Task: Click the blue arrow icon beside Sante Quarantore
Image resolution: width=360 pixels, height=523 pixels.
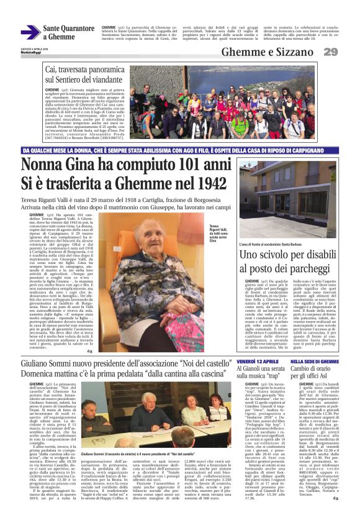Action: (x=30, y=32)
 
